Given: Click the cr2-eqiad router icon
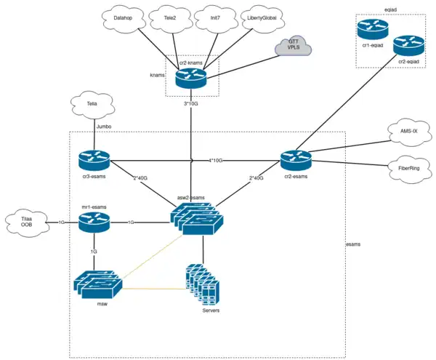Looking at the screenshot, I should [408, 47].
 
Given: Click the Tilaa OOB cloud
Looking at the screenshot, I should [28, 223].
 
